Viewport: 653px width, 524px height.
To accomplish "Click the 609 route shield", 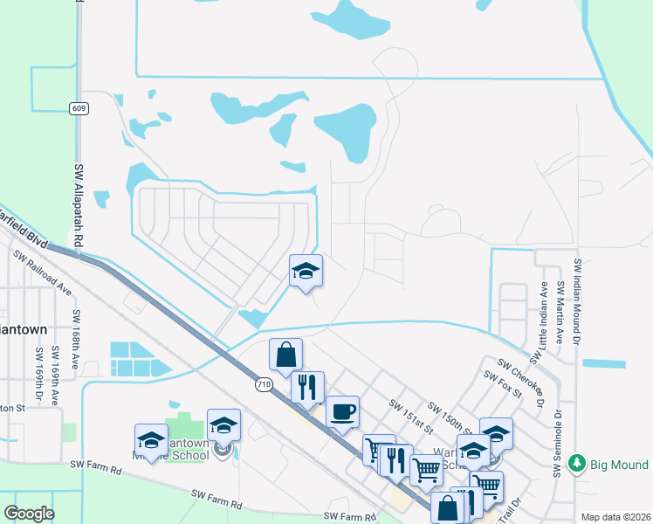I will [79, 107].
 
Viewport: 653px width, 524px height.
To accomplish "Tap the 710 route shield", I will [265, 383].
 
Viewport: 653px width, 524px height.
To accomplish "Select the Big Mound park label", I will [621, 463].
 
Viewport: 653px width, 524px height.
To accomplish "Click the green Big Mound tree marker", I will [575, 463].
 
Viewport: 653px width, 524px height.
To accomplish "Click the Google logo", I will [29, 514].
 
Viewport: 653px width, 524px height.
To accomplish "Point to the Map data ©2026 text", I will [615, 517].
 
